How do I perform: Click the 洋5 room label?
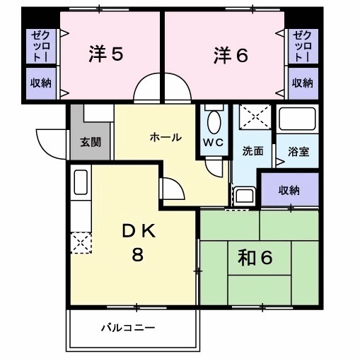click(x=107, y=54)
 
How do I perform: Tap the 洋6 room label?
click(x=229, y=54)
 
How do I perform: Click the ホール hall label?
click(x=165, y=137)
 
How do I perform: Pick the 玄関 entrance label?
click(x=90, y=141)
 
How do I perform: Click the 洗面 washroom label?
click(x=252, y=150)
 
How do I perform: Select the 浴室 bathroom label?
click(x=298, y=150)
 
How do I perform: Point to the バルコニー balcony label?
click(x=127, y=328)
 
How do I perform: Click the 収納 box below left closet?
click(x=40, y=83)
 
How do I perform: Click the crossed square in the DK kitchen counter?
click(x=80, y=243)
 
